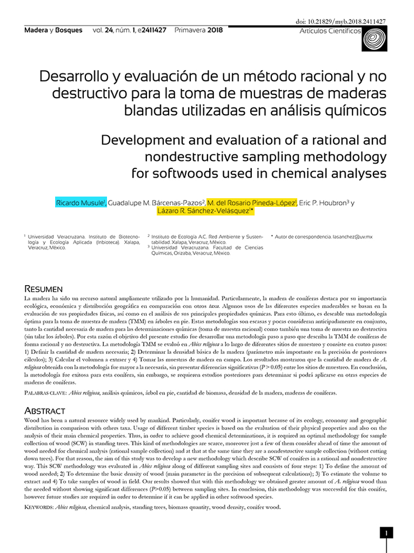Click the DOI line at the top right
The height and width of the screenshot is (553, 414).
pyautogui.click(x=341, y=22)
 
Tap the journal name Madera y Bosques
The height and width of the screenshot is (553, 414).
pyautogui.click(x=54, y=31)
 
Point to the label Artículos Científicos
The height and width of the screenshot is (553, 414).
pyautogui.click(x=330, y=31)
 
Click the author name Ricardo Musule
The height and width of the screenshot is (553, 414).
pyautogui.click(x=81, y=203)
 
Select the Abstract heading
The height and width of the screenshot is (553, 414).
pyautogui.click(x=45, y=411)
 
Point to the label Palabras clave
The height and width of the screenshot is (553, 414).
pyautogui.click(x=46, y=394)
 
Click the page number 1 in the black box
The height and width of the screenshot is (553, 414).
pyautogui.click(x=386, y=534)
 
